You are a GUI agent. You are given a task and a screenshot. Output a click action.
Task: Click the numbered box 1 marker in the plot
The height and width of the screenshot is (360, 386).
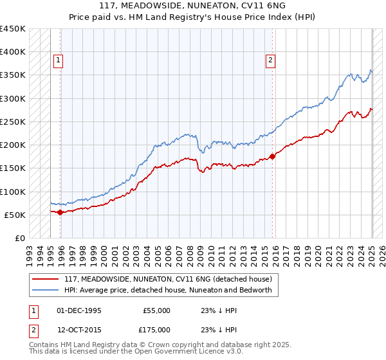click(x=58, y=60)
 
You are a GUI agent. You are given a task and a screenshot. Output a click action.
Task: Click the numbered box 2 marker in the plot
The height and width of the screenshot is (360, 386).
click(x=270, y=60)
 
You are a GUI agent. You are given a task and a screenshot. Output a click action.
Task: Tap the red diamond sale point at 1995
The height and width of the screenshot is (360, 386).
click(x=60, y=212)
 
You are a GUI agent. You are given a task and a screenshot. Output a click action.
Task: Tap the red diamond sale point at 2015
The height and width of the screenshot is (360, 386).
click(x=272, y=156)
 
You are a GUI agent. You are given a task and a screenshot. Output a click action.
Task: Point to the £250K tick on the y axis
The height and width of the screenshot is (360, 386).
click(x=14, y=122)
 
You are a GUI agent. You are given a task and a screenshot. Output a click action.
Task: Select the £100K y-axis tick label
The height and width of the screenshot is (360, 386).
click(x=14, y=192)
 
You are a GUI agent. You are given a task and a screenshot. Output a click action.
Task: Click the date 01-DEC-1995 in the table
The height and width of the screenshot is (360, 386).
click(x=79, y=310)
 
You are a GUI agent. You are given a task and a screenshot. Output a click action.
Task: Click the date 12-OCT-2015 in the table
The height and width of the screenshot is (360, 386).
click(x=79, y=330)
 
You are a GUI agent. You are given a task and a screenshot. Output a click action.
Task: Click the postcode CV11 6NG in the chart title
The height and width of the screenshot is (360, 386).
click(x=266, y=6)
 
